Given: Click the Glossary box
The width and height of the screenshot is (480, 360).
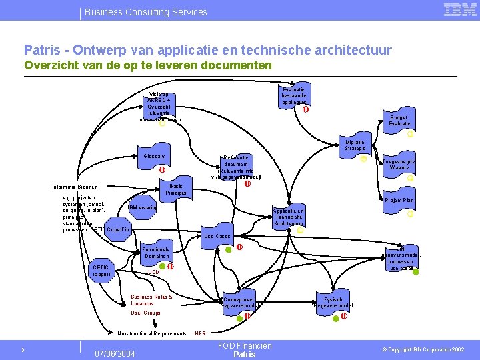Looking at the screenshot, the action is [153, 157].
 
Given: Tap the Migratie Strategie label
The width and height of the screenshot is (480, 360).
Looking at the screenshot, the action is [355, 145].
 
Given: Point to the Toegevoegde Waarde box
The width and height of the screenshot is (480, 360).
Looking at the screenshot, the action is [399, 165].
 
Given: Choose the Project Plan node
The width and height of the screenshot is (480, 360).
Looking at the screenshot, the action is [399, 200].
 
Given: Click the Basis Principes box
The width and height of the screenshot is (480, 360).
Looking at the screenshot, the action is [176, 189].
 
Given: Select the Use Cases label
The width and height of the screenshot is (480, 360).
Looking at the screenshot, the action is [217, 236].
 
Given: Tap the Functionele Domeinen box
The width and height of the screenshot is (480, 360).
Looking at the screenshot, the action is [157, 253].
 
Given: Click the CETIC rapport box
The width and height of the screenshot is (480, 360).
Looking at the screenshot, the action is [101, 271].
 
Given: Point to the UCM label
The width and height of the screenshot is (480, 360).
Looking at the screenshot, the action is [154, 273].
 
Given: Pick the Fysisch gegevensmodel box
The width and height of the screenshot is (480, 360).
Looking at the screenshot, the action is [333, 303].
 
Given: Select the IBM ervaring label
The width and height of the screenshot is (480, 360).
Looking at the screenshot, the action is [143, 207].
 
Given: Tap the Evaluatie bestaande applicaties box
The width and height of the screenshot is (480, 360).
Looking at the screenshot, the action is [293, 96].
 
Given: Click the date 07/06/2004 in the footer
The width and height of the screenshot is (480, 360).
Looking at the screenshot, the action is [115, 353].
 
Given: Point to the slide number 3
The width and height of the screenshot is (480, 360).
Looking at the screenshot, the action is [22, 350].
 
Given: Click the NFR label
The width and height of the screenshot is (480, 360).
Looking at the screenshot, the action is [199, 333].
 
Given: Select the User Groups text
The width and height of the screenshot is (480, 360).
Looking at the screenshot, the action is [145, 312].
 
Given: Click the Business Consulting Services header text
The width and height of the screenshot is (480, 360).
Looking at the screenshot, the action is [146, 12].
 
